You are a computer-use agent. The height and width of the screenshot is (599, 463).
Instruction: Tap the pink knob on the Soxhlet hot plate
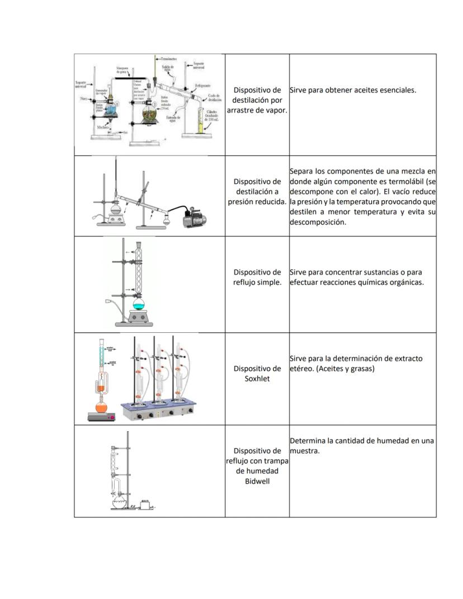pos(112,417)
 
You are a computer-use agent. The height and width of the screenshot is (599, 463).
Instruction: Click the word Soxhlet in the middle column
pos(257,379)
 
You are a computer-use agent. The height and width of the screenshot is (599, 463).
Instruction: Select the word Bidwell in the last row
pos(257,481)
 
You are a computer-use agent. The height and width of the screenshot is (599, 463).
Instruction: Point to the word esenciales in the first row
pos(397,89)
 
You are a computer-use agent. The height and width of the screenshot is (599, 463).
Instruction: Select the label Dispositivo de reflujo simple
pos(257,277)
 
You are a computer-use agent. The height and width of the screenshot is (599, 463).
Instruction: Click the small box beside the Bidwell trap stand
pos(147,505)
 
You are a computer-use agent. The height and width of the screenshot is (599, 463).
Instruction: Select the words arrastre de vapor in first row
pos(257,110)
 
